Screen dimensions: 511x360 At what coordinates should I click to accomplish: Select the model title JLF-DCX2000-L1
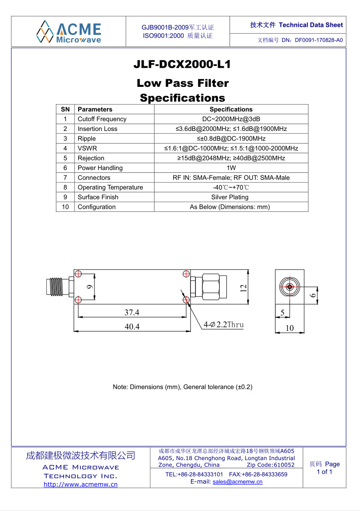click(x=182, y=65)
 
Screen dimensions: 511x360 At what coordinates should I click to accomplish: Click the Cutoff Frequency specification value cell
click(x=231, y=119)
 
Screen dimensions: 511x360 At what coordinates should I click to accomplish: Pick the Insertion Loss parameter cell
click(x=97, y=129)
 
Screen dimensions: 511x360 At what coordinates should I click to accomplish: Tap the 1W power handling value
click(x=231, y=168)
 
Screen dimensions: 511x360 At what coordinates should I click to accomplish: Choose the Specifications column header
click(x=231, y=109)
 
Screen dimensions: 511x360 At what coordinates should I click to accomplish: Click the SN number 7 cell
click(x=65, y=178)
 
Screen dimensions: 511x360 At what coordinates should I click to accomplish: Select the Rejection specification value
click(x=231, y=158)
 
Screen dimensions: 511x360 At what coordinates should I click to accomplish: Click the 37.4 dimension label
click(x=132, y=312)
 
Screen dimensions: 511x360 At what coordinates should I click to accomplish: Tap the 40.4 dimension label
click(x=132, y=326)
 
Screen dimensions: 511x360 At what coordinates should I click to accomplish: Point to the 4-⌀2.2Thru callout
click(x=224, y=325)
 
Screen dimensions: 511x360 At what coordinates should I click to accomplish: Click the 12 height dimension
click(x=244, y=287)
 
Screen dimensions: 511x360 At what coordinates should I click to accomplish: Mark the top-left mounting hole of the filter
click(x=78, y=274)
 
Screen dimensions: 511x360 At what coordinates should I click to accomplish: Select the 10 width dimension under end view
click(x=290, y=328)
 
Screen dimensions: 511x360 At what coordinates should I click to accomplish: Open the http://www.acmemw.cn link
click(x=80, y=484)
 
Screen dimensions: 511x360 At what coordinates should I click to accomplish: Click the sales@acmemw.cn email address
click(x=237, y=482)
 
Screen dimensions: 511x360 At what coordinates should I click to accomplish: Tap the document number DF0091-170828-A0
click(x=319, y=40)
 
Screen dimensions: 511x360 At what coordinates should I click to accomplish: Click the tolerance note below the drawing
click(x=182, y=387)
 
